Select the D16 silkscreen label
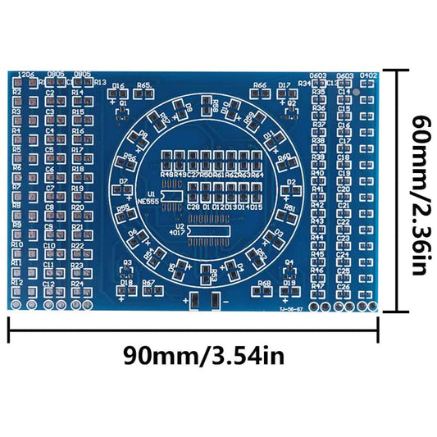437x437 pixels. click(119, 86)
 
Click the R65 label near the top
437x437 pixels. click(144, 85)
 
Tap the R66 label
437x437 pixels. click(260, 85)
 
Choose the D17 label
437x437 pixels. click(285, 85)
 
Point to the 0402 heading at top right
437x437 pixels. click(368, 75)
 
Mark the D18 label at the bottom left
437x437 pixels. click(126, 283)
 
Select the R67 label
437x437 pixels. click(148, 283)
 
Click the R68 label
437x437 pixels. click(264, 283)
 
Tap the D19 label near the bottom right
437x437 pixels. click(289, 283)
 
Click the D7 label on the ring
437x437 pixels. click(124, 181)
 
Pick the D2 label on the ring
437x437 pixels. click(291, 181)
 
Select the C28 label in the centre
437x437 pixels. click(193, 207)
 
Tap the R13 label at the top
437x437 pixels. click(100, 82)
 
